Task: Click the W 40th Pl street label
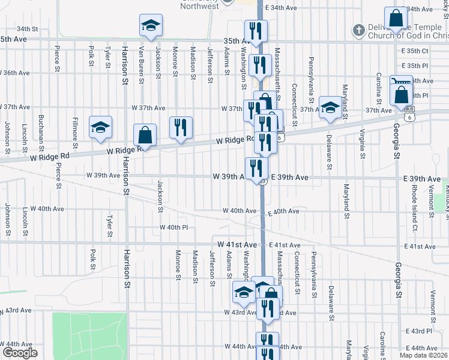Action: (174, 227)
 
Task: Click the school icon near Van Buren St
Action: (150, 25)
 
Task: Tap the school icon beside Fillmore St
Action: (100, 127)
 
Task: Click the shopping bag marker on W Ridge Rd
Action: (145, 135)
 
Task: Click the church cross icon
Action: (358, 29)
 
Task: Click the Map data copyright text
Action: (424, 355)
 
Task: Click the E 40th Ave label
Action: (283, 212)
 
